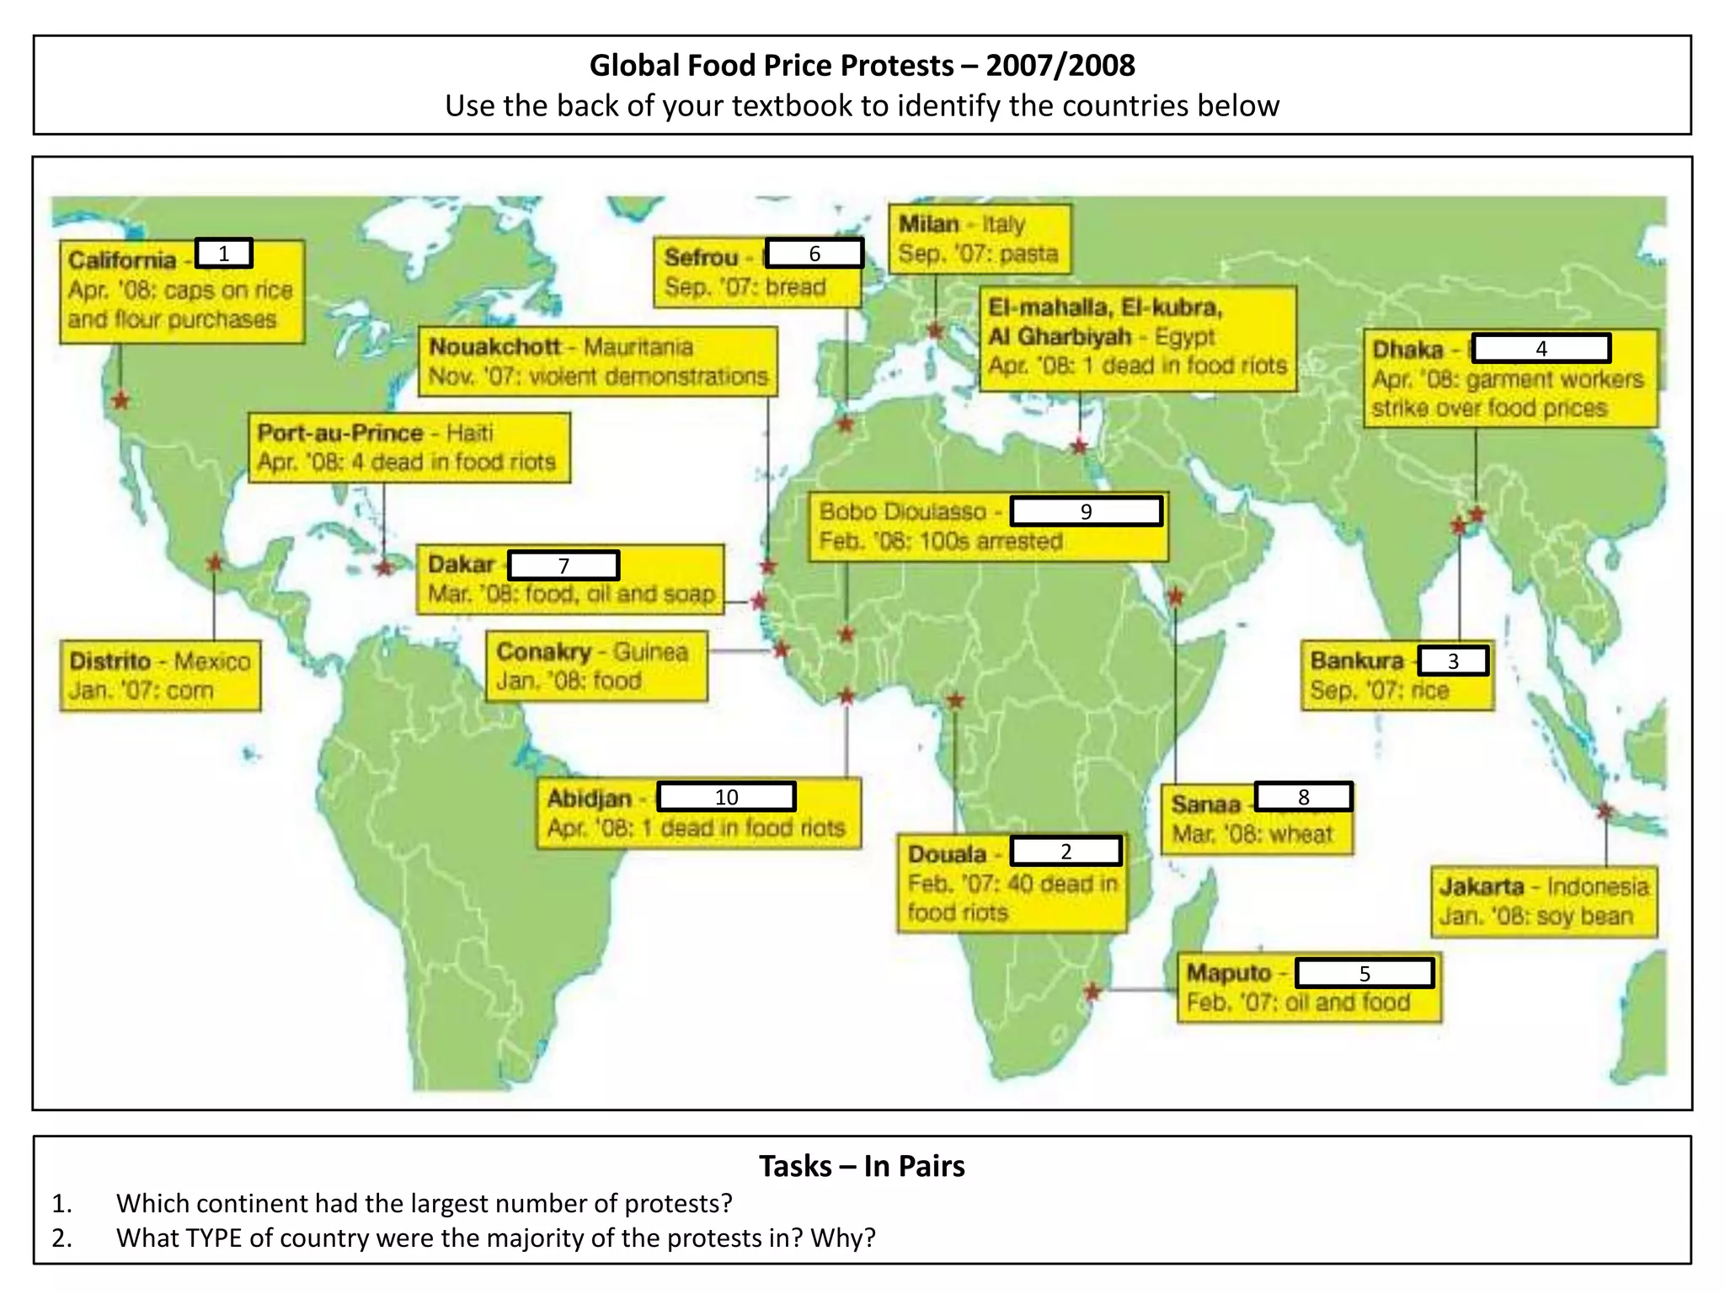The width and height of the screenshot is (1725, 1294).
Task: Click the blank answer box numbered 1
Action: tap(224, 254)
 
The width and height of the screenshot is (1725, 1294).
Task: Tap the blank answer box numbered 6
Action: tap(814, 254)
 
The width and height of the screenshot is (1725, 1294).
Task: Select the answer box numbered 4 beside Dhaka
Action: tap(1541, 348)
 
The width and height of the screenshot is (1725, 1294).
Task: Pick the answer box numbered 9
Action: tap(1086, 511)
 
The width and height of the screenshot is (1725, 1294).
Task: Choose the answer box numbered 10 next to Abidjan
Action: tap(726, 797)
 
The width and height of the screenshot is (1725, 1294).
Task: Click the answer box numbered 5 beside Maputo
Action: tap(1365, 973)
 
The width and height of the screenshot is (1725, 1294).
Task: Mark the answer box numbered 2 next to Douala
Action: tap(1065, 851)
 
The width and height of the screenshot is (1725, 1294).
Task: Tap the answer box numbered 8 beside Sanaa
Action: tap(1303, 797)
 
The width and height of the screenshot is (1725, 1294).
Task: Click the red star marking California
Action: tap(121, 400)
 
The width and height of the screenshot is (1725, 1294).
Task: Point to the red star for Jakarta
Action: tap(1605, 811)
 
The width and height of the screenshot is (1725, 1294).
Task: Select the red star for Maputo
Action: tap(1092, 992)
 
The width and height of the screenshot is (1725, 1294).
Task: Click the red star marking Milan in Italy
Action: tap(935, 331)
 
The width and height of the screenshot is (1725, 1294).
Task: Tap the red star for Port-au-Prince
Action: tap(384, 568)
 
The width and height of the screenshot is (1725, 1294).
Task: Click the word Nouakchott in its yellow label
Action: tap(494, 347)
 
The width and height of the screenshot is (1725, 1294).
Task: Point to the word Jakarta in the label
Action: tap(1482, 887)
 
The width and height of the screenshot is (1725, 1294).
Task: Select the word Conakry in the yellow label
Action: tap(544, 652)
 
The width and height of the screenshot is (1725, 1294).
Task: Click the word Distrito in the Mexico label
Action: tap(110, 661)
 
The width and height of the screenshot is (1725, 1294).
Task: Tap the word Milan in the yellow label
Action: tap(929, 225)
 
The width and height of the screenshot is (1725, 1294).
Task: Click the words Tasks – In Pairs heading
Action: tap(862, 1166)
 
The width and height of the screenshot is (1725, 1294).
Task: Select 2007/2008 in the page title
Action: tap(1060, 65)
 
